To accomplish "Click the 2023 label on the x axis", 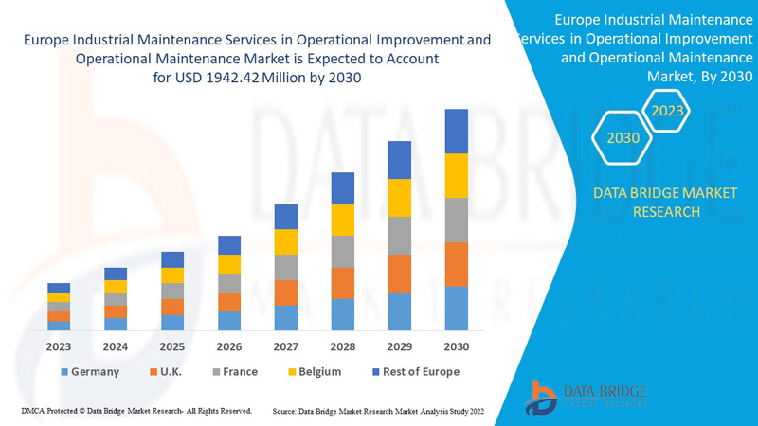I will [x=59, y=346].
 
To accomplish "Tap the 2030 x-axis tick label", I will [x=457, y=346].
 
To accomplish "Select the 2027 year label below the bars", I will [x=286, y=346].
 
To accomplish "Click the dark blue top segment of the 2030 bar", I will [x=457, y=131].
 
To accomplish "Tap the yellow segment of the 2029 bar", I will [x=400, y=197].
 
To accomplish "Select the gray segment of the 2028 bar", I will [x=343, y=251].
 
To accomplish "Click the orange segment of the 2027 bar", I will [x=286, y=293].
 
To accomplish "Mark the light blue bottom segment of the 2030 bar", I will [x=457, y=308].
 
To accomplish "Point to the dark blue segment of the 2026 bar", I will [x=229, y=245].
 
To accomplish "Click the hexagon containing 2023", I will [x=667, y=112].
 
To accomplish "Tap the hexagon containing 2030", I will [x=623, y=138].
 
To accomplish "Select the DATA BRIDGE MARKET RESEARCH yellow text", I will [x=664, y=203].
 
